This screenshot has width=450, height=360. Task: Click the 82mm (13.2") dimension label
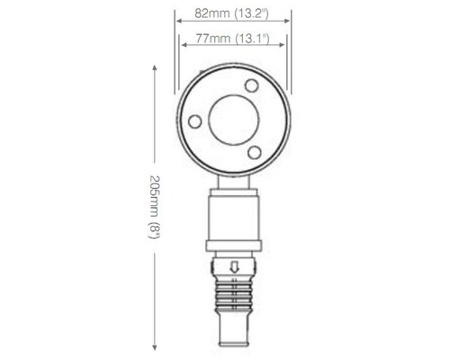(232, 15)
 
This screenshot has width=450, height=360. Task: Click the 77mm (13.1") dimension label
(232, 40)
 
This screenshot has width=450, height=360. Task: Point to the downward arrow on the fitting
(233, 266)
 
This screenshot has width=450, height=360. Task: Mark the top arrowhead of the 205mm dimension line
(154, 72)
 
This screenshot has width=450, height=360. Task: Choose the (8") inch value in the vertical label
(154, 231)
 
